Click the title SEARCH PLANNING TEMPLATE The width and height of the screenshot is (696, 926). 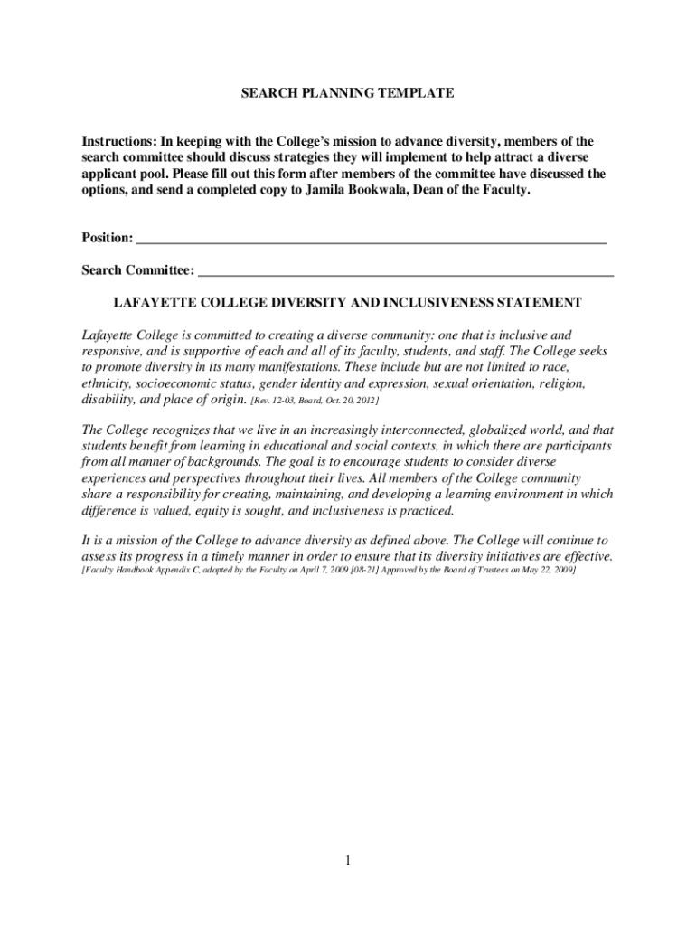[x=348, y=93]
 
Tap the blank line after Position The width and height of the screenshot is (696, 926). [x=371, y=240]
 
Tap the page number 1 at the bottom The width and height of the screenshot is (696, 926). [x=347, y=861]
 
